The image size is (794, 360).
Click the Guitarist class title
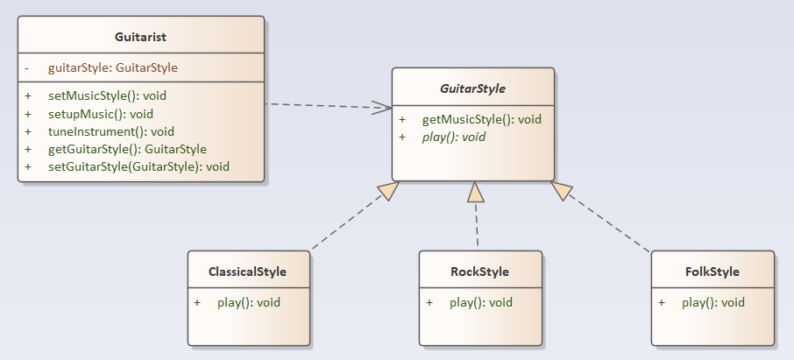click(x=140, y=37)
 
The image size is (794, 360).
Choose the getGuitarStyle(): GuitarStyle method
click(x=127, y=149)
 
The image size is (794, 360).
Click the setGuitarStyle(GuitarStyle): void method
click(x=138, y=166)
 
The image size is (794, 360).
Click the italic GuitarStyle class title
click(x=472, y=88)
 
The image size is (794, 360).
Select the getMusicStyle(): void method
click(x=481, y=119)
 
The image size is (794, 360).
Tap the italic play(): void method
click(x=453, y=137)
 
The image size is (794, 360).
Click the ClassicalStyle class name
click(x=248, y=272)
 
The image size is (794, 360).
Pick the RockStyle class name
click(x=479, y=272)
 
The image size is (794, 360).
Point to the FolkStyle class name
click(x=712, y=272)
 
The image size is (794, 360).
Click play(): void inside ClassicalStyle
click(x=249, y=302)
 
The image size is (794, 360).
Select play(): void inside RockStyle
click(x=480, y=302)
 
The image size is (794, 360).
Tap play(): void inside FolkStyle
click(x=712, y=302)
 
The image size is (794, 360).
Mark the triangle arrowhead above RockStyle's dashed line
click(x=474, y=191)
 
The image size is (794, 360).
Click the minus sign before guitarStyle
click(x=27, y=67)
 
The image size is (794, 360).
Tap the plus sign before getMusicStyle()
click(x=402, y=119)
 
